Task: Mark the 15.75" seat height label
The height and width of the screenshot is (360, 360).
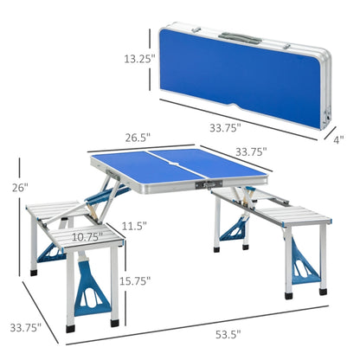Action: pos(137,280)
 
